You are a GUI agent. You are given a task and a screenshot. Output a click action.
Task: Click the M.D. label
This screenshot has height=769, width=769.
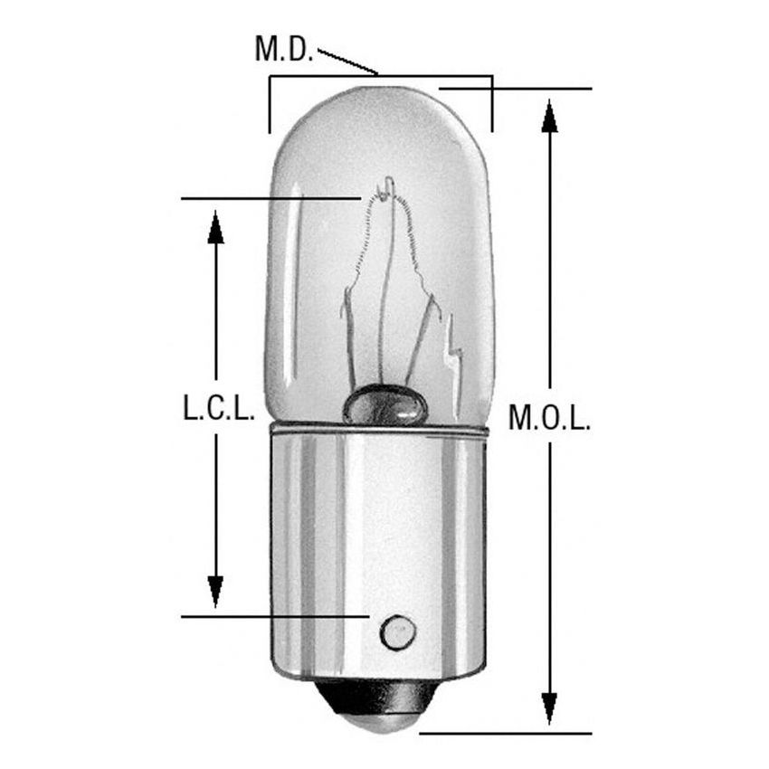click(x=283, y=49)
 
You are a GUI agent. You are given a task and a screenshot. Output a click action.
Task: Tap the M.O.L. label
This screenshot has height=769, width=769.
click(x=549, y=418)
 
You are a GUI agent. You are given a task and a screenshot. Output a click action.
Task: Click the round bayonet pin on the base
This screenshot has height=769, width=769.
click(x=397, y=631)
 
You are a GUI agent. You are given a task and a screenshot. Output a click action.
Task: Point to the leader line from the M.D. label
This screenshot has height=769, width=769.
click(x=348, y=62)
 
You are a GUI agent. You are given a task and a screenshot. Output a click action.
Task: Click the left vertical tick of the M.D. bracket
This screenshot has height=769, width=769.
click(x=270, y=105)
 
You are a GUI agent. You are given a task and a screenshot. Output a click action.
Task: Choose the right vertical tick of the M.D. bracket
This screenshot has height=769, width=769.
click(x=492, y=105)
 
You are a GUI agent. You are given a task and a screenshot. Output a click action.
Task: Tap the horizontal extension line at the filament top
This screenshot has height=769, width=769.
click(x=271, y=198)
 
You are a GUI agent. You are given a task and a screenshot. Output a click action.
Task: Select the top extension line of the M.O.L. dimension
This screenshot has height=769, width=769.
click(x=516, y=89)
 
